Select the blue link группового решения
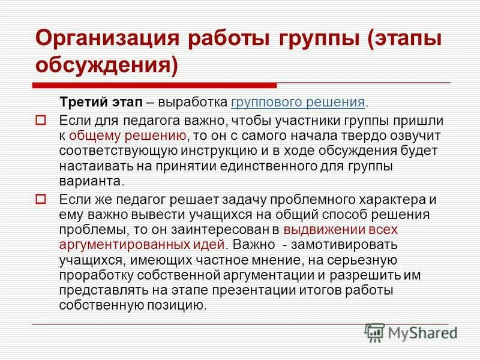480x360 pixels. click(x=298, y=101)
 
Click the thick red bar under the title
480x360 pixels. click(x=156, y=86)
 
